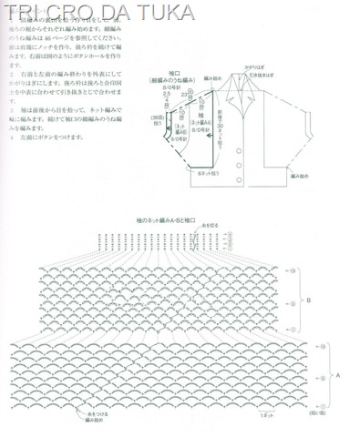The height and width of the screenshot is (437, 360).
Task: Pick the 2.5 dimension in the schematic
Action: (x=166, y=94)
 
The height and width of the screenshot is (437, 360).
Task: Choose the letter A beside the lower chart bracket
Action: (x=340, y=374)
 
